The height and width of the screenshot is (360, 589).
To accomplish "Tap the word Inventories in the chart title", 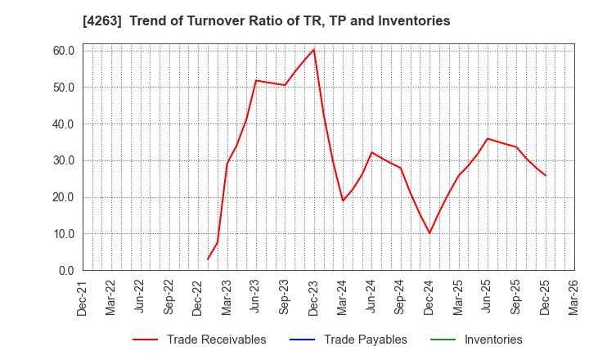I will [414, 21].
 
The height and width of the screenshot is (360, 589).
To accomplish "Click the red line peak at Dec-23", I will [314, 50].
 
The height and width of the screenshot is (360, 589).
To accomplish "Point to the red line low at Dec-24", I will [429, 233].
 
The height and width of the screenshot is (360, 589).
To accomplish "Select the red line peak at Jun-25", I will [488, 138].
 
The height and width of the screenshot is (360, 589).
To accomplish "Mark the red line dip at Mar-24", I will [343, 200].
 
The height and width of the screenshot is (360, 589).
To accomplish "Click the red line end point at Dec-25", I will [546, 175].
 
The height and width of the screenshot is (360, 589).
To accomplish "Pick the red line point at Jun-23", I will [256, 80].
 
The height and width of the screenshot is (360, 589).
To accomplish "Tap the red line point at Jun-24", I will [371, 152].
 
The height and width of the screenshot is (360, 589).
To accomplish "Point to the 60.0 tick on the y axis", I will [64, 51].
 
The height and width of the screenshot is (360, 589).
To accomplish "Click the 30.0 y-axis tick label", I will [64, 160].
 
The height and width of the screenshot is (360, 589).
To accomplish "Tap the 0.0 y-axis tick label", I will [67, 270].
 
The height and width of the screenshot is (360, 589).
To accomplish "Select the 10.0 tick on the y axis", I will [64, 234].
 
